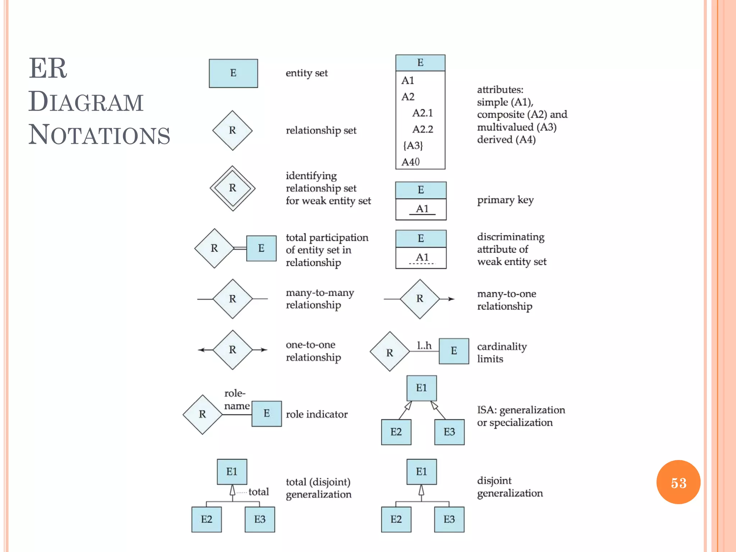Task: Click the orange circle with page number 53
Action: [x=678, y=482]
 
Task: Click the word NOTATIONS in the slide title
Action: [x=99, y=135]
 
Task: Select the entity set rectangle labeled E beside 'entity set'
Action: [x=233, y=73]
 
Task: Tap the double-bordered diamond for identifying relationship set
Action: [x=233, y=188]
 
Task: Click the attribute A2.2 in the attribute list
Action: [x=423, y=129]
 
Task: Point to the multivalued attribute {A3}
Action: [x=413, y=146]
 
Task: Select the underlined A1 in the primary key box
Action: [x=422, y=209]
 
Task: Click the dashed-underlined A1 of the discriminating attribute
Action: [x=422, y=257]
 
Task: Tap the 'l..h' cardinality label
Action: [x=424, y=345]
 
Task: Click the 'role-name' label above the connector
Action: [x=236, y=399]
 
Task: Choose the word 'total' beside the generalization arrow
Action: [x=258, y=492]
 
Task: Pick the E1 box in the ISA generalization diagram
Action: [x=421, y=388]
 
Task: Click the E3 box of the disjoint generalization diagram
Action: [x=449, y=519]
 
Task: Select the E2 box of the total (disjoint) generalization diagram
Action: [x=206, y=519]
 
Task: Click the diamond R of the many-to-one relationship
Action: [x=419, y=299]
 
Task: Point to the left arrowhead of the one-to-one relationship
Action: [x=201, y=350]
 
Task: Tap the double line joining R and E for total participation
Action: [x=240, y=248]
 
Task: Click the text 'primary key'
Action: [x=505, y=200]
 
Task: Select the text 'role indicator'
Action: [x=316, y=414]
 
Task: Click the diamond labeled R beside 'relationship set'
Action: [x=233, y=130]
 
